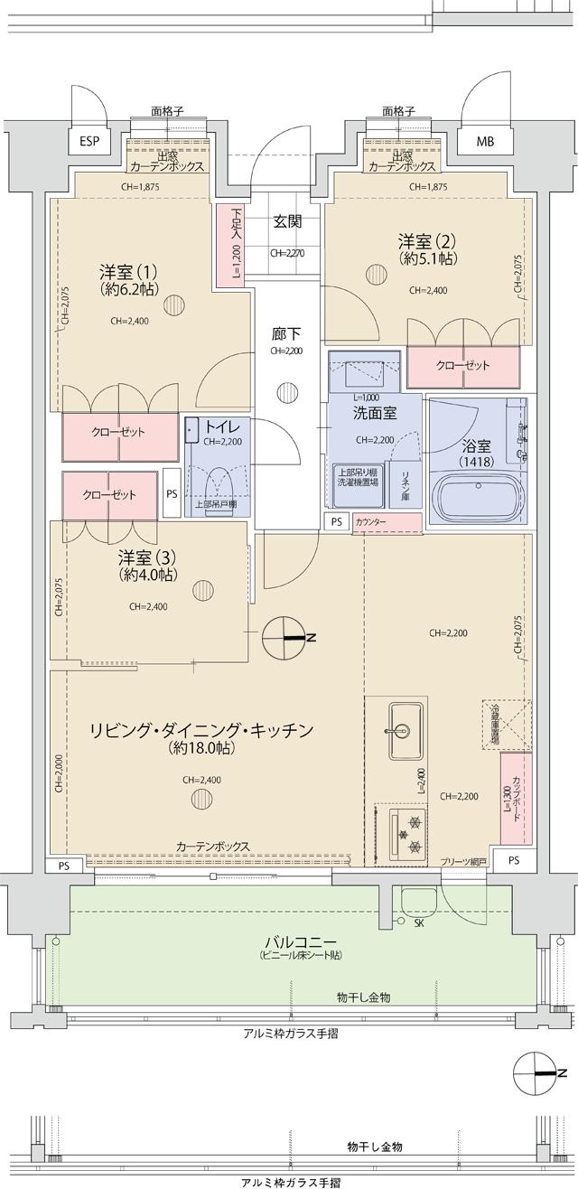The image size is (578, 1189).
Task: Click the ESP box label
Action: (x=89, y=142)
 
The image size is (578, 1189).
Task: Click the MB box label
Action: (x=486, y=142)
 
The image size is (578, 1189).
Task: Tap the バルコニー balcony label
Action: (x=289, y=941)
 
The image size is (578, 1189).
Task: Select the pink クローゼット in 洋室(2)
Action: (x=463, y=366)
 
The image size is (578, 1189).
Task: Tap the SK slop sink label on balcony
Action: (x=418, y=922)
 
